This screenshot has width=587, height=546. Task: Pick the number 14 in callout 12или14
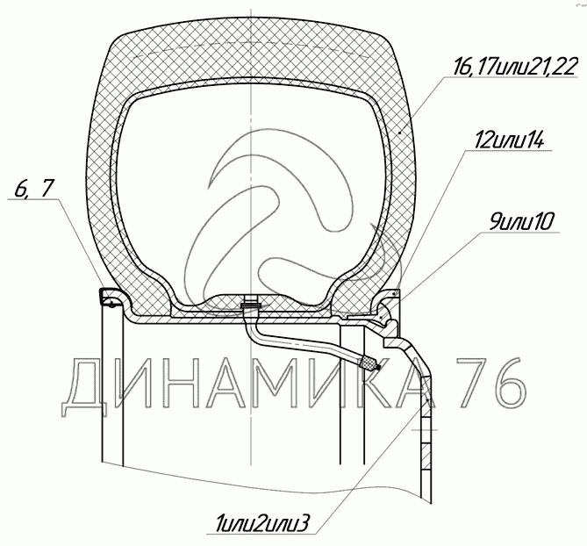[x=534, y=140]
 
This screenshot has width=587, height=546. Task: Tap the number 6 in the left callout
[x=20, y=189]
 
